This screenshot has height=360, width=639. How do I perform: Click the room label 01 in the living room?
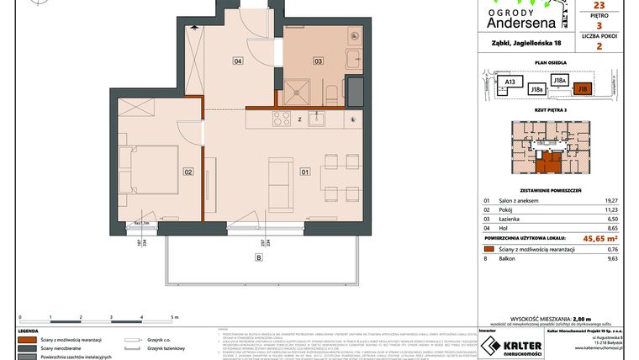304,172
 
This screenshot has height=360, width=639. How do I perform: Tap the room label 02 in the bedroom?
188,172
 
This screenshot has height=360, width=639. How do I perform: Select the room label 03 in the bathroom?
319,61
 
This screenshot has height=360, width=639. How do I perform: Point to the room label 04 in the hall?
238,61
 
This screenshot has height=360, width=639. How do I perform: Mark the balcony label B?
259,257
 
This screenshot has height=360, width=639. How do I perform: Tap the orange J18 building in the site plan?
583,87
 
